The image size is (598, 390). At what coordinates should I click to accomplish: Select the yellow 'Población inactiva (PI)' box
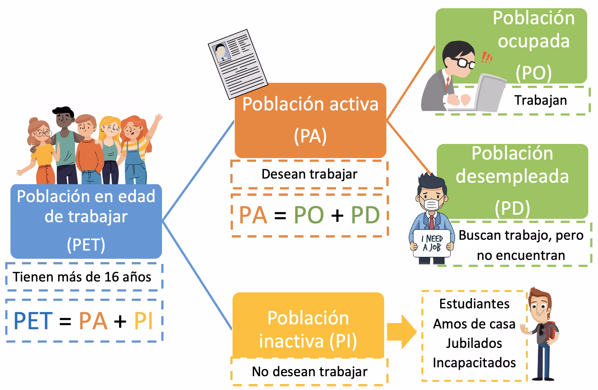(308, 328)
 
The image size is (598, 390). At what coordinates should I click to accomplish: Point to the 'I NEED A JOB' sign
(432, 243)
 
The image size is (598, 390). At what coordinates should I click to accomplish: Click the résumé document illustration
(237, 64)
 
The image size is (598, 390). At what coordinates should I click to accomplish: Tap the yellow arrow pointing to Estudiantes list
(401, 331)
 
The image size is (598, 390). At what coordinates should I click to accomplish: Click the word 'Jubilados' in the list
(474, 343)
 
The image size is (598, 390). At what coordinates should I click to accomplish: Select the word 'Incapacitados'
(474, 363)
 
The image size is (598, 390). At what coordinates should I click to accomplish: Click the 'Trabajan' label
(540, 100)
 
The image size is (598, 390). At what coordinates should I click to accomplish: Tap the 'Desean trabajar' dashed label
(309, 174)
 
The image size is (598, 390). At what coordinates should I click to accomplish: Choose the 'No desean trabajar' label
(309, 372)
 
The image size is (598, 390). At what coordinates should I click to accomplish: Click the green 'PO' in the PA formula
(308, 215)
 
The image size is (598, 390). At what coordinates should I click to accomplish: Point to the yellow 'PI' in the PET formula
(143, 321)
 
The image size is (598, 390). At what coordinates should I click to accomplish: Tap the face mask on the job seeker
(432, 204)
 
